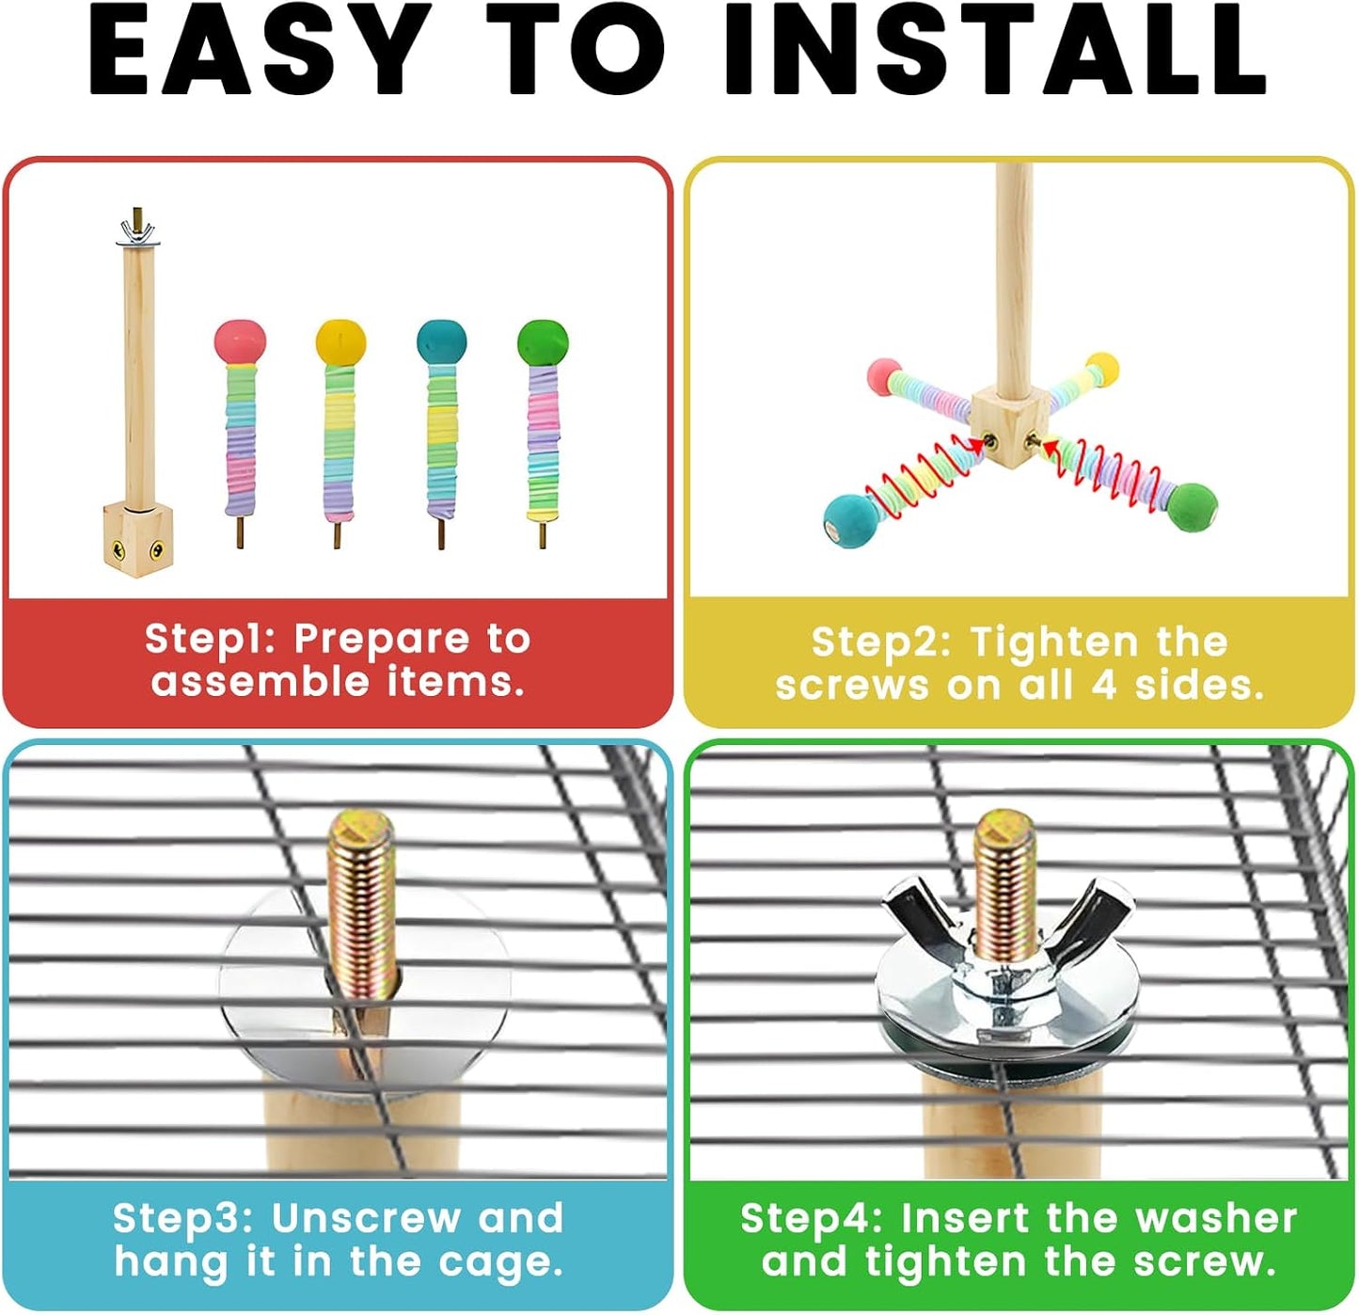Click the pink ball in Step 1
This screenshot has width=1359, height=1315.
coord(240,341)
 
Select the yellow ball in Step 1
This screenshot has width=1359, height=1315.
coord(340,341)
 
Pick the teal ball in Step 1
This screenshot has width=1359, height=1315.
coord(441,341)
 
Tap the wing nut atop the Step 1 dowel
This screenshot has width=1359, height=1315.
coord(138,230)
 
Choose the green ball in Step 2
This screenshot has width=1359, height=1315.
coord(1192,507)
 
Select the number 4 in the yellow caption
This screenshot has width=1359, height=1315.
coord(1103,685)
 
